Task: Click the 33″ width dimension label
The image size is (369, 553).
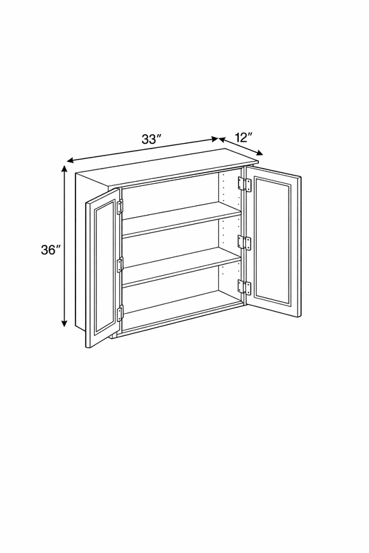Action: [x=152, y=140]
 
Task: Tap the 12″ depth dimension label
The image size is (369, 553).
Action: [x=244, y=137]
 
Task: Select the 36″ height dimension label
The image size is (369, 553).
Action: [x=51, y=250]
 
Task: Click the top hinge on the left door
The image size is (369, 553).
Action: [x=120, y=207]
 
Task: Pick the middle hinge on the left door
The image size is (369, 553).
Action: [x=120, y=265]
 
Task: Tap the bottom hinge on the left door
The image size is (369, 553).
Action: [x=120, y=313]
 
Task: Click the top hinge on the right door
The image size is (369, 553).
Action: [x=244, y=185]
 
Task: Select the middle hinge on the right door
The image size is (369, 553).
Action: [x=244, y=243]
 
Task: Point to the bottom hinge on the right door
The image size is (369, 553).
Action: [x=244, y=287]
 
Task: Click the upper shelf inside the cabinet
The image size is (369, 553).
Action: [x=181, y=218]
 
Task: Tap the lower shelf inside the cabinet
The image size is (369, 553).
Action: [x=181, y=267]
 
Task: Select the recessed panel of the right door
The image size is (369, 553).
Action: [x=272, y=241]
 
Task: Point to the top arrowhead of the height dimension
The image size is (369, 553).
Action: [x=64, y=169]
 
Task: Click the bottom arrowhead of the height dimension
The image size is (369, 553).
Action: [x=64, y=323]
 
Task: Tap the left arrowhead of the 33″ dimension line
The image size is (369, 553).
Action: [x=70, y=161]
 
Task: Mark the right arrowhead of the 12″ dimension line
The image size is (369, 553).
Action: [x=260, y=153]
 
